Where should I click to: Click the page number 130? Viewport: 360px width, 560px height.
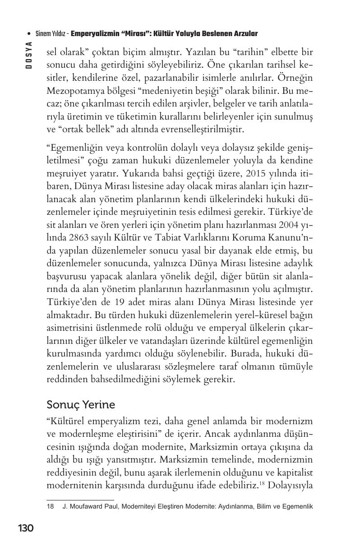[x=26, y=528]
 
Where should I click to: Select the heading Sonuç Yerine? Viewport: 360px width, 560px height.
[x=81, y=404]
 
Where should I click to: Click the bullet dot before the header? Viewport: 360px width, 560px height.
[x=29, y=34]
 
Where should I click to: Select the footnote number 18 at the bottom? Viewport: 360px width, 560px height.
[x=50, y=506]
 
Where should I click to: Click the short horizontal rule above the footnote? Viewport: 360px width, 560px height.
[x=80, y=500]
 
